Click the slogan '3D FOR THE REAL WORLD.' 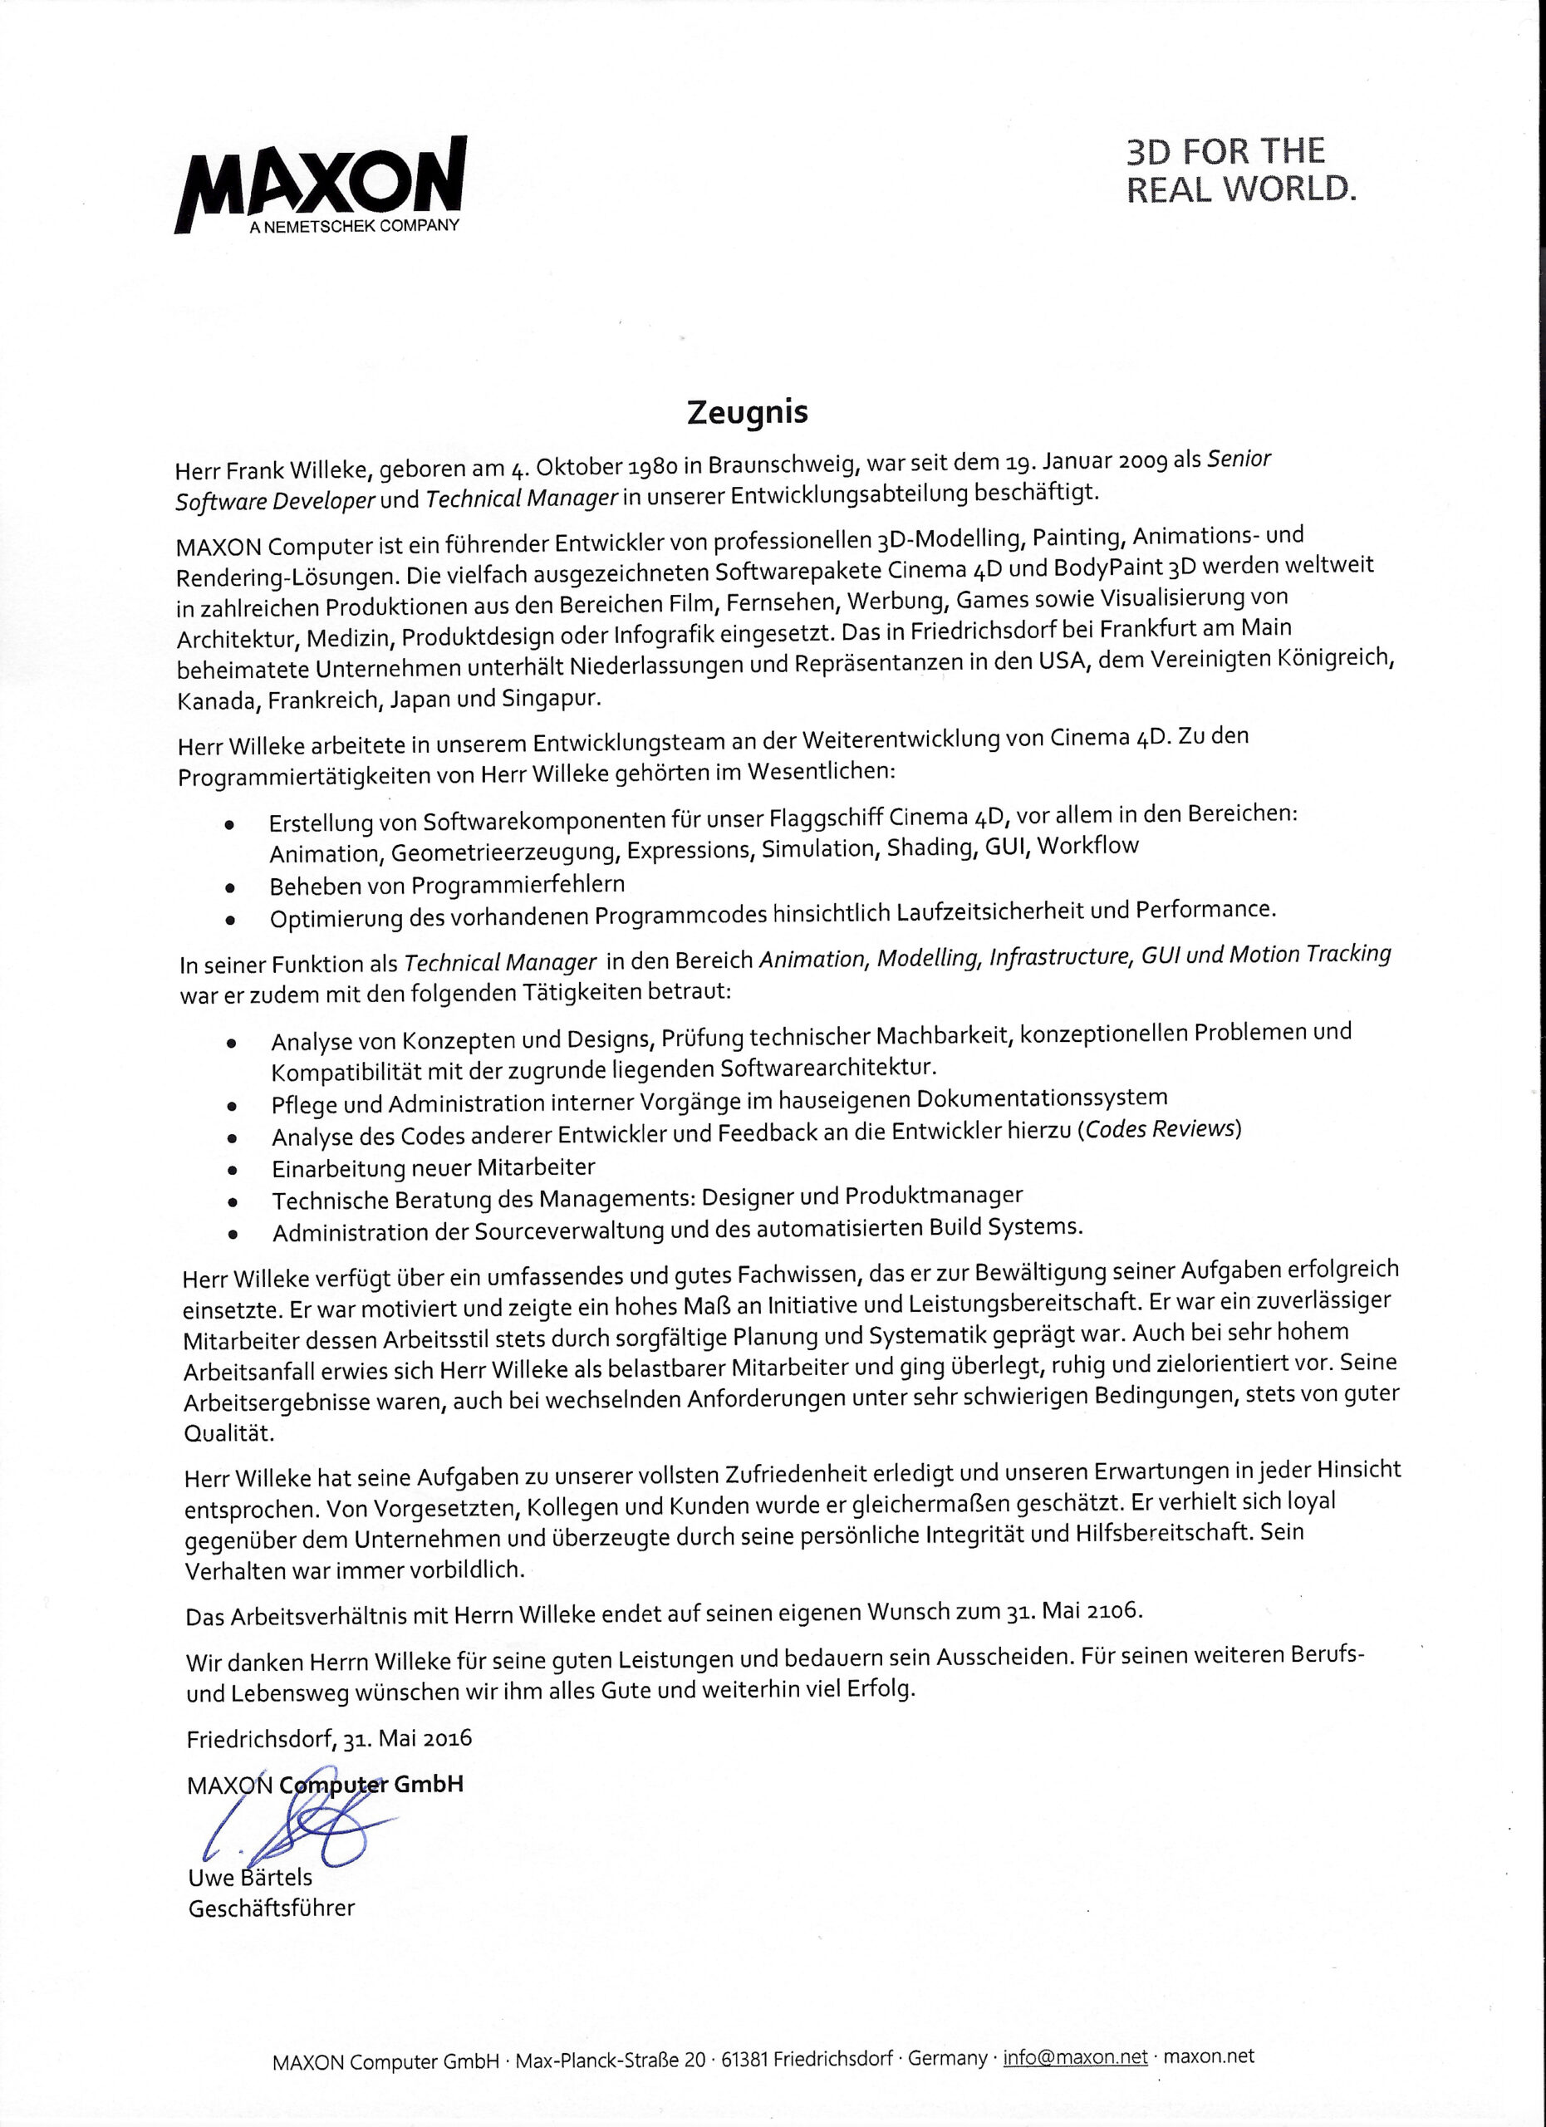(x=1240, y=169)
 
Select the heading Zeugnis (x=747, y=413)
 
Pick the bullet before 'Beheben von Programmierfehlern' (x=229, y=887)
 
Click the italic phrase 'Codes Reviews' (x=1160, y=1129)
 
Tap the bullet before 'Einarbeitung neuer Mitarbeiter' (x=232, y=1171)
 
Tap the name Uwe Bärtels (x=250, y=1878)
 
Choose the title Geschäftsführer (x=272, y=1908)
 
